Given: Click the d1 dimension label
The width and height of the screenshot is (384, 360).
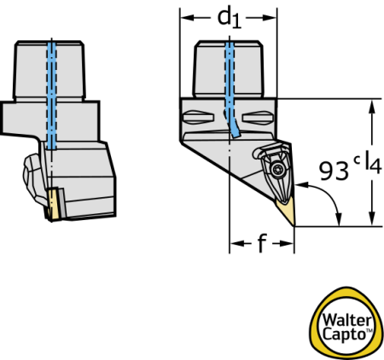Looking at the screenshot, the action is pyautogui.click(x=230, y=19).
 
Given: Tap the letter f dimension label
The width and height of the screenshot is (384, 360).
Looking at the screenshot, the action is pyautogui.click(x=262, y=243).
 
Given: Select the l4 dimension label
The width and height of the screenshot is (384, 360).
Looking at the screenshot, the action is pyautogui.click(x=373, y=162).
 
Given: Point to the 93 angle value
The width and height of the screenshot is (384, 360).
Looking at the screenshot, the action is pyautogui.click(x=334, y=171).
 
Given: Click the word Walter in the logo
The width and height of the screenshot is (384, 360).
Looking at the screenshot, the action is pyautogui.click(x=347, y=321).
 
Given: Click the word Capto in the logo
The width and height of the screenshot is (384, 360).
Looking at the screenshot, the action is pyautogui.click(x=344, y=334).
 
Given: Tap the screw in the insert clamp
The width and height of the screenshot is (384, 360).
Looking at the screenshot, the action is pyautogui.click(x=277, y=170).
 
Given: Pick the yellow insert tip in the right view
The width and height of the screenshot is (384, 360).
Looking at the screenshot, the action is pyautogui.click(x=286, y=211).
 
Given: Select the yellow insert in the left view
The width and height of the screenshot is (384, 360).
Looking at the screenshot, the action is pyautogui.click(x=53, y=204).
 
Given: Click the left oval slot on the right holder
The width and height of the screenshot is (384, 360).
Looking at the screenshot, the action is pyautogui.click(x=198, y=118).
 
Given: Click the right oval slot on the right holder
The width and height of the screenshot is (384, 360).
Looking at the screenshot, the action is pyautogui.click(x=258, y=118).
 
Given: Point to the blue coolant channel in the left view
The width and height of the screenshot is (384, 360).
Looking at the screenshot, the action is pyautogui.click(x=51, y=96).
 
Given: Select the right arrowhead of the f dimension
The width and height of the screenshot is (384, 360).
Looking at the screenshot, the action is pyautogui.click(x=287, y=244).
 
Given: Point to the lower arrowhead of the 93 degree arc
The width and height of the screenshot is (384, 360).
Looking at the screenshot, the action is pyautogui.click(x=339, y=219).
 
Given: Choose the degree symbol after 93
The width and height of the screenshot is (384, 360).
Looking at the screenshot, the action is pyautogui.click(x=357, y=160).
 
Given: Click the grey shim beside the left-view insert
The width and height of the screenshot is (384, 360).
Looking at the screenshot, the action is pyautogui.click(x=62, y=203).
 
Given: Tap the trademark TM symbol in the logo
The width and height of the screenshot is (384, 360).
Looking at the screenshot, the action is pyautogui.click(x=369, y=330).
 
